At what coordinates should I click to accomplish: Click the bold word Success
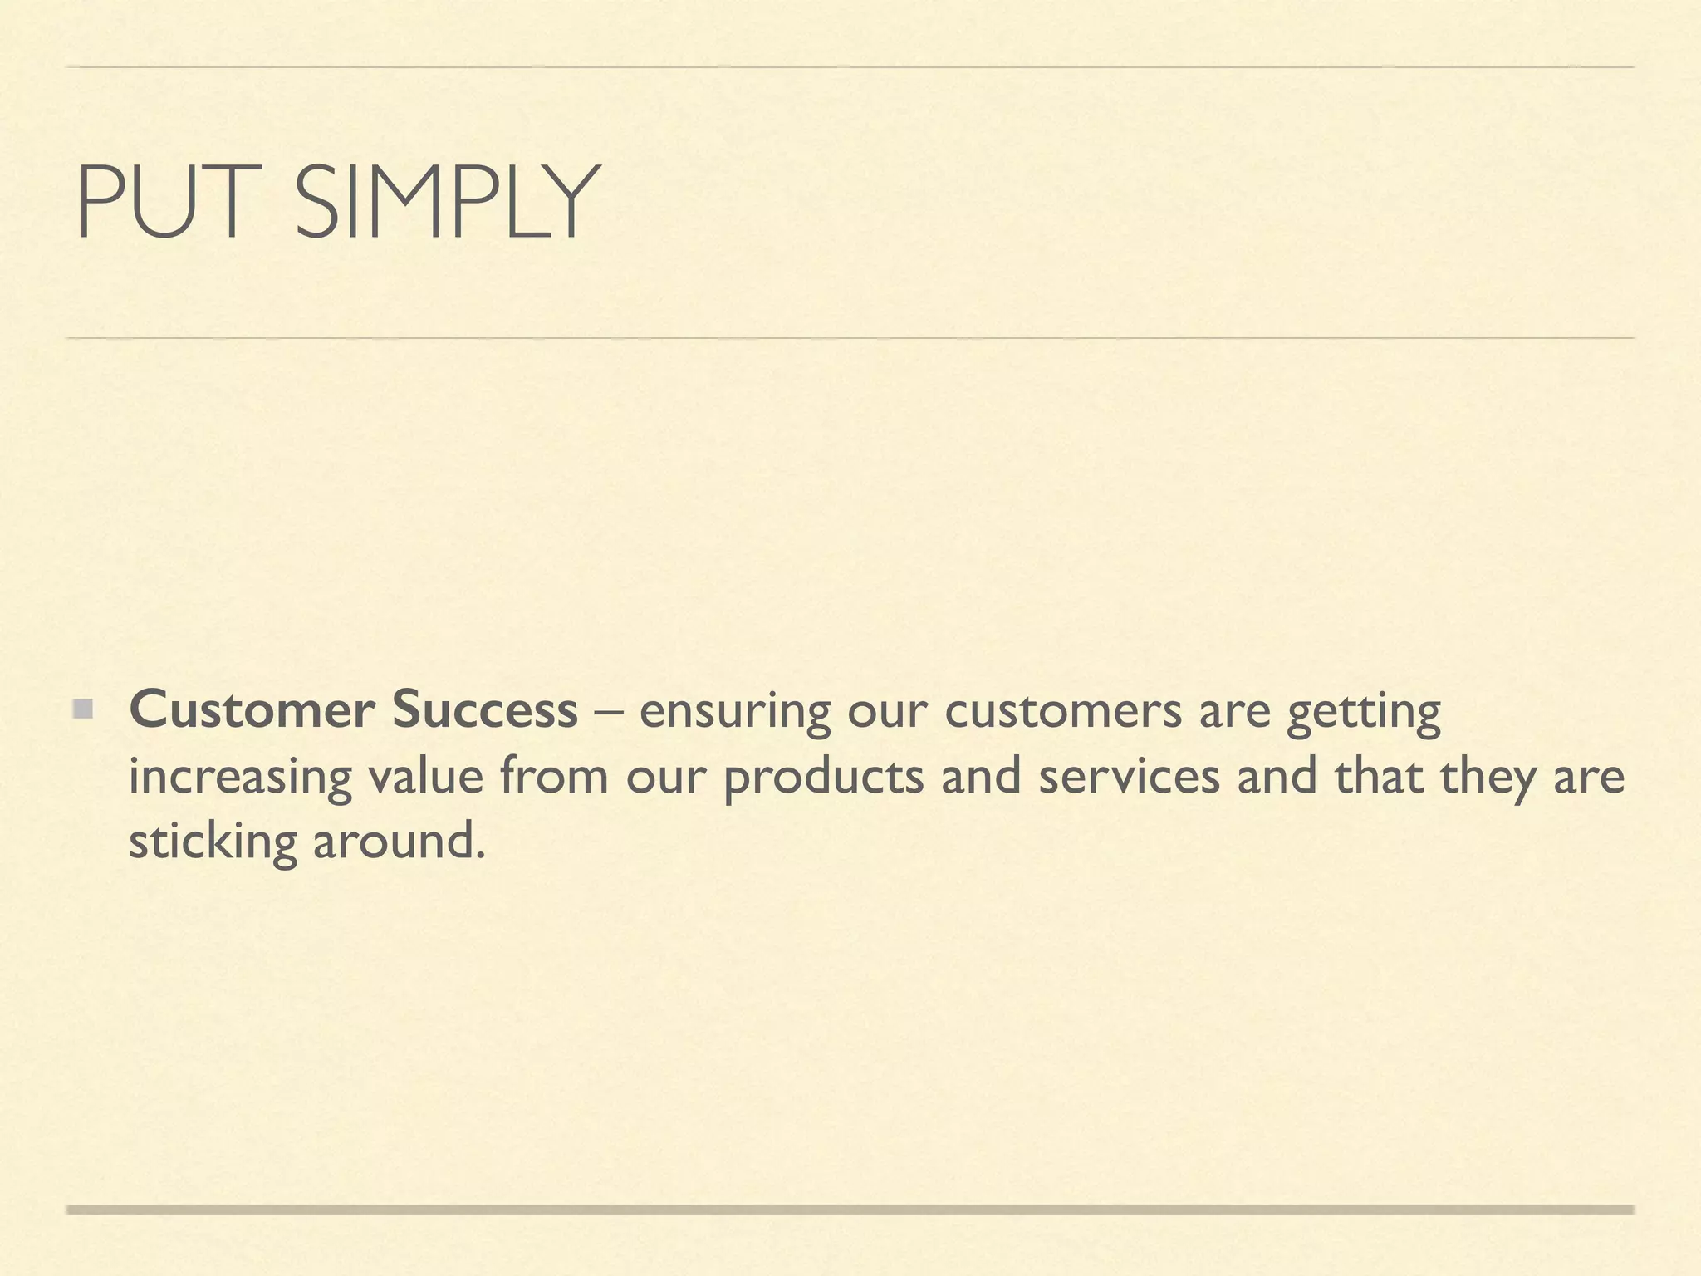pyautogui.click(x=484, y=710)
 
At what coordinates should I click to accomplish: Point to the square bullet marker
pyautogui.click(x=81, y=710)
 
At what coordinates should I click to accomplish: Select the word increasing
pyautogui.click(x=239, y=778)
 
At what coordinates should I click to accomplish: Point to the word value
pyautogui.click(x=424, y=776)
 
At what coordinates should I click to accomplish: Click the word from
pyautogui.click(x=554, y=776)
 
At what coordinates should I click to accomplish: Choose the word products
pyautogui.click(x=823, y=778)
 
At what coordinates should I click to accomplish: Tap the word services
pyautogui.click(x=1129, y=776)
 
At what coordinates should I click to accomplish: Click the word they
pyautogui.click(x=1487, y=778)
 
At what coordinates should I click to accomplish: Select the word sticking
pyautogui.click(x=212, y=842)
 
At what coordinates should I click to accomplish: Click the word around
pyautogui.click(x=398, y=842)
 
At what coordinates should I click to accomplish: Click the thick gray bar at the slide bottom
pyautogui.click(x=850, y=1210)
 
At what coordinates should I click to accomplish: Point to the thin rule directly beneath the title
pyautogui.click(x=850, y=338)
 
